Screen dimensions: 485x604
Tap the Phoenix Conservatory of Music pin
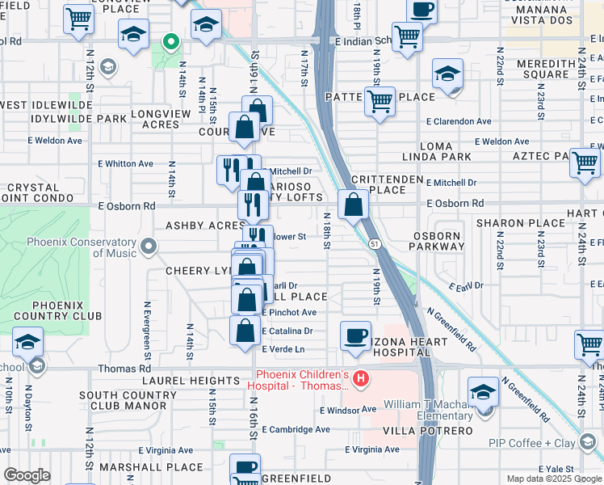(x=147, y=245)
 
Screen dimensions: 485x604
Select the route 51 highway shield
(x=373, y=244)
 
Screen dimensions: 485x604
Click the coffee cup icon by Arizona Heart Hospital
(x=354, y=336)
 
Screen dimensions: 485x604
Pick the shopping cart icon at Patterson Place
(x=380, y=102)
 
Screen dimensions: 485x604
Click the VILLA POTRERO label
(x=438, y=431)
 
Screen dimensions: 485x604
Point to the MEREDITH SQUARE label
(x=533, y=69)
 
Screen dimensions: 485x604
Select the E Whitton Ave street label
(x=125, y=163)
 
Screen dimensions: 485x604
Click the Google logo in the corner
(x=27, y=475)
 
